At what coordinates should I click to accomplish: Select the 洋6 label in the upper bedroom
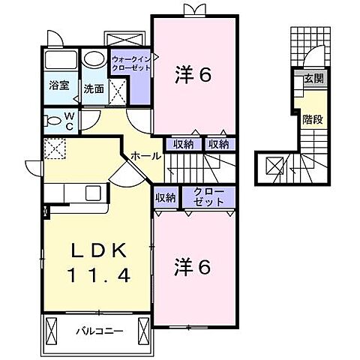pyautogui.click(x=193, y=74)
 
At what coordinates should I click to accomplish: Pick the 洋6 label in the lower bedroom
pyautogui.click(x=193, y=266)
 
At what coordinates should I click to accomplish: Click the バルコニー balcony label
pyautogui.click(x=98, y=330)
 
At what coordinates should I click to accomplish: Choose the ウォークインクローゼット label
pyautogui.click(x=131, y=63)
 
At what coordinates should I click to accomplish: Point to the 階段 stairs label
pyautogui.click(x=313, y=118)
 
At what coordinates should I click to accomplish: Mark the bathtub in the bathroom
pyautogui.click(x=58, y=61)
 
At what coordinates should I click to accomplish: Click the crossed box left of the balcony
pyautogui.click(x=52, y=329)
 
